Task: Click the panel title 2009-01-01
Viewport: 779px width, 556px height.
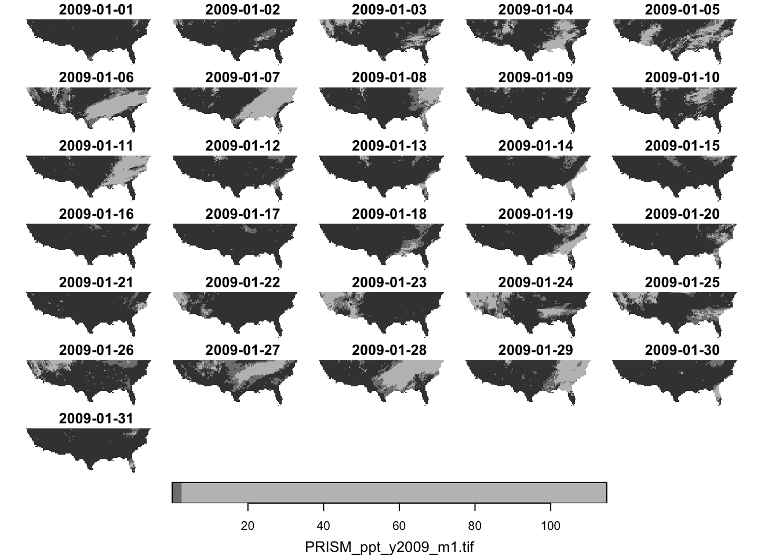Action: click(96, 9)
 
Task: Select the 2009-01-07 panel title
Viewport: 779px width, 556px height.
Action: click(242, 78)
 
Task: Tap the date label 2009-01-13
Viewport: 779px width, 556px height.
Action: click(389, 146)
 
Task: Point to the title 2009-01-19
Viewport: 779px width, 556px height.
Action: click(535, 214)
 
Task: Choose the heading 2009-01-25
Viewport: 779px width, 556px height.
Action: click(682, 283)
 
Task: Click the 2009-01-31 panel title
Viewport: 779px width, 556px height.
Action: click(96, 418)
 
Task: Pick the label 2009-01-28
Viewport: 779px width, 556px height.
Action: click(389, 350)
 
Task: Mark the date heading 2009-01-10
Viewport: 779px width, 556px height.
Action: click(682, 78)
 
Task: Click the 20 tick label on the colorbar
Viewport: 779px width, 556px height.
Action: click(247, 526)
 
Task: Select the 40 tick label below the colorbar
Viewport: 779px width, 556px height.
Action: click(323, 526)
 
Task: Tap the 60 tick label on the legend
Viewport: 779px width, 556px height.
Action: click(399, 526)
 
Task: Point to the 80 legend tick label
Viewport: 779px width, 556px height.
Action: click(475, 526)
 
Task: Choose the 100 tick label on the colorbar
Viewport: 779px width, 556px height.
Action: click(551, 526)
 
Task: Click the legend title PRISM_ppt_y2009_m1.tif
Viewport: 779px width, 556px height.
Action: click(389, 546)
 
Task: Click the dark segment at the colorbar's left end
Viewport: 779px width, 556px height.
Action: click(177, 492)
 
